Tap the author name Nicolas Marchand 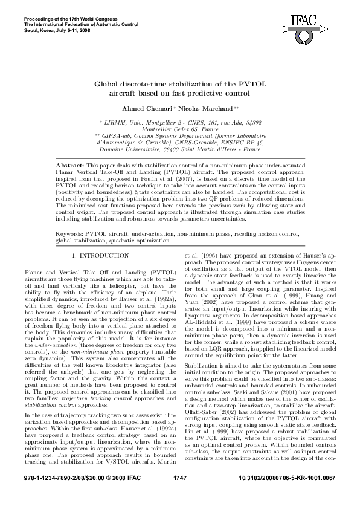[x=203, y=108]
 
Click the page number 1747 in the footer [x=180, y=496]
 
